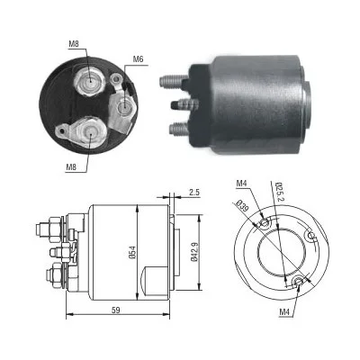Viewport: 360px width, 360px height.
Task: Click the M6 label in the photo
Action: [x=138, y=59]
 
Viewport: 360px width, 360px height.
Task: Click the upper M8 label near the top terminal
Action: [x=74, y=44]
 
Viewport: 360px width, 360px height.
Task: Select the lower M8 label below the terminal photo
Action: [x=71, y=167]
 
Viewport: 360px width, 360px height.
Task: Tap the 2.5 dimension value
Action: [x=194, y=192]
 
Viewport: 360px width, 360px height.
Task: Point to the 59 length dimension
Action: [x=116, y=310]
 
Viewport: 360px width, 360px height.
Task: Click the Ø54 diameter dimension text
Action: [x=133, y=252]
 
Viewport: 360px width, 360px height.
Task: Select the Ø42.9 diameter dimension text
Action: [x=194, y=252]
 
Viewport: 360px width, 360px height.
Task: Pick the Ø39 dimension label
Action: [x=242, y=206]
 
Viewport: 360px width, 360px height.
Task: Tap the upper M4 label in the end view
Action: [x=241, y=183]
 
